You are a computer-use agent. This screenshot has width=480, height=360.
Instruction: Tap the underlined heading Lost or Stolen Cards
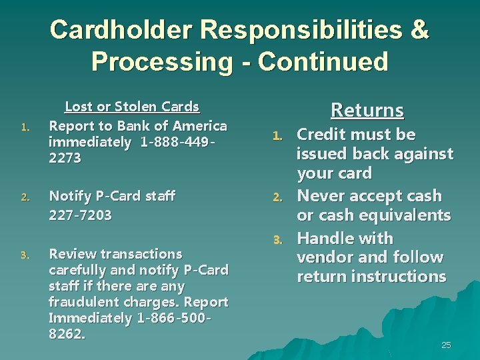click(131, 107)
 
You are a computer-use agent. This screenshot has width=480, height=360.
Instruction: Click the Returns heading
click(367, 110)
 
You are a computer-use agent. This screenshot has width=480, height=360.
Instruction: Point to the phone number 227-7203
click(81, 215)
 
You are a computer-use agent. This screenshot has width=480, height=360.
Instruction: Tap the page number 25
click(446, 345)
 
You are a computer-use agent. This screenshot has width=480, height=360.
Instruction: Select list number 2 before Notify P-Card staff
click(24, 197)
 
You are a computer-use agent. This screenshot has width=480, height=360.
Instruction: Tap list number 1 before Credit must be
click(282, 136)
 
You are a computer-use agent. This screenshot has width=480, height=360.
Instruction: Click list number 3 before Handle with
click(282, 239)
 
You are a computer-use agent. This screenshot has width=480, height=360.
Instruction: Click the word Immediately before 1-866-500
click(90, 318)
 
